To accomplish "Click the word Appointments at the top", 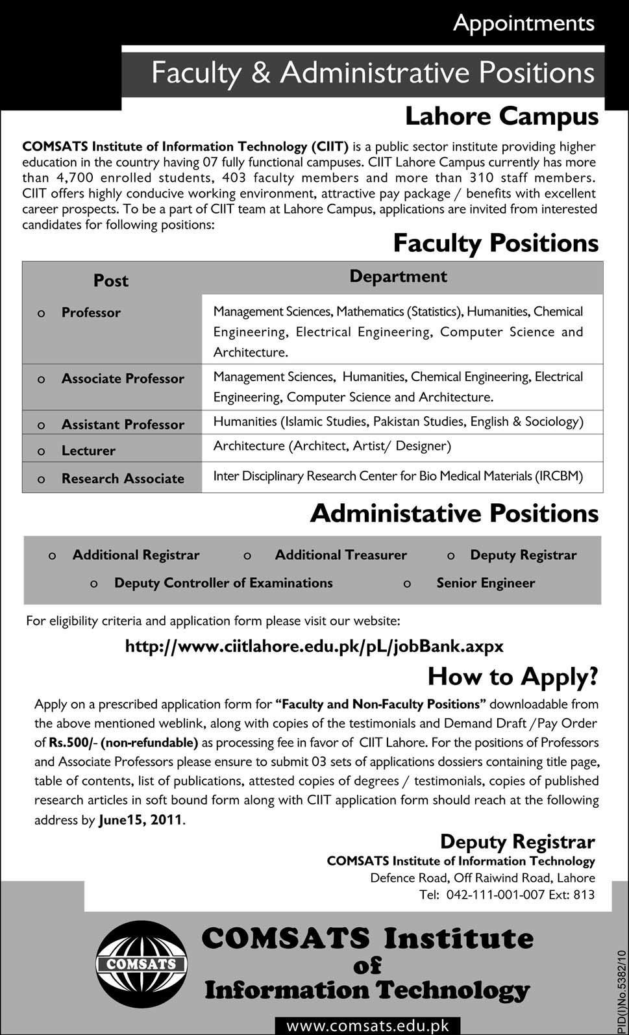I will point(523,23).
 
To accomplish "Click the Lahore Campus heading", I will point(501,116).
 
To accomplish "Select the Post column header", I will point(111,281).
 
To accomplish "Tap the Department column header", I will point(398,277).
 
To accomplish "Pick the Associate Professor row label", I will point(123,379).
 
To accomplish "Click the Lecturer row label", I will point(88,450).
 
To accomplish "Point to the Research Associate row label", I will point(123,479).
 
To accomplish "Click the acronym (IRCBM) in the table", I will point(559,476).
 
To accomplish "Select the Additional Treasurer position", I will point(341,555).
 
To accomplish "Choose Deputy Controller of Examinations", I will point(223,583).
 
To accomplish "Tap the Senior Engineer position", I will point(486,583).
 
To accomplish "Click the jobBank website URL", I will point(314,647).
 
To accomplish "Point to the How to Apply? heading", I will point(512,677).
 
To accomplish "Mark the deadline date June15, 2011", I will point(141,820).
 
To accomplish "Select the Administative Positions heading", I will point(454,513).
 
